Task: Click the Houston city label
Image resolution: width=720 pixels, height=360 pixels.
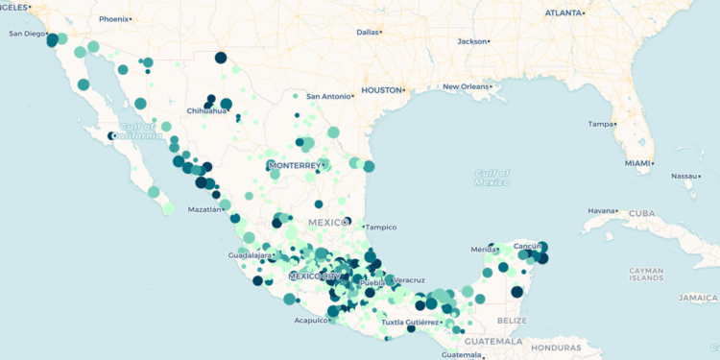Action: click(x=380, y=90)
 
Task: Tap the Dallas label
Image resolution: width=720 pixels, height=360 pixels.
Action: click(x=368, y=32)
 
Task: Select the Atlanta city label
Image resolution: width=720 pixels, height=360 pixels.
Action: click(x=564, y=13)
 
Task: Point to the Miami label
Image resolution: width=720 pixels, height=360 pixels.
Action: click(x=636, y=163)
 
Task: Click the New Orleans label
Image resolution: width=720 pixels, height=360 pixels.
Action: click(x=466, y=86)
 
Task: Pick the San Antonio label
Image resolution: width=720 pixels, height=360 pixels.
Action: click(x=329, y=96)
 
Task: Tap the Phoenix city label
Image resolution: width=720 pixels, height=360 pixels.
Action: click(x=113, y=18)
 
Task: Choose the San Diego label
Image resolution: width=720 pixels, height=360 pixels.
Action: click(x=28, y=34)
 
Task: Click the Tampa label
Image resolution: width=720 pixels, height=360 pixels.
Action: click(x=601, y=124)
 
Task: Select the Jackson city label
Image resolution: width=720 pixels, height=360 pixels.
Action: click(x=471, y=41)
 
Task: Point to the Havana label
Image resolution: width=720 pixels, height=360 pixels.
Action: click(x=600, y=210)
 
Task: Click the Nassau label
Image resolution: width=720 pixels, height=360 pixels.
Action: click(x=684, y=176)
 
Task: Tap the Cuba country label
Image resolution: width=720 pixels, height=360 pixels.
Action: click(x=640, y=213)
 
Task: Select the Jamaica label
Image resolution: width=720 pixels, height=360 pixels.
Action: click(x=698, y=298)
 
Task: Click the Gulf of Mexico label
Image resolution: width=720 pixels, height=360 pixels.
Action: click(x=491, y=178)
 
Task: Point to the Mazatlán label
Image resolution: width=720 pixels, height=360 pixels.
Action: click(x=204, y=208)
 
